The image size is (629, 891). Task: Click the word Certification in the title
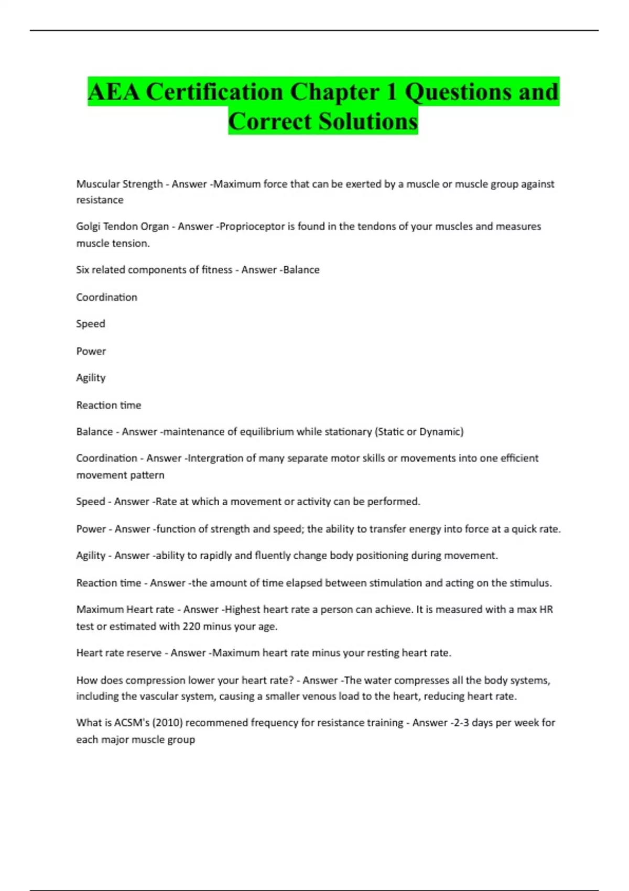[214, 92]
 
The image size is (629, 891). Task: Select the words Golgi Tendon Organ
[122, 226]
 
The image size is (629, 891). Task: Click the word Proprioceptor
[252, 226]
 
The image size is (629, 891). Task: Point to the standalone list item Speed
[91, 324]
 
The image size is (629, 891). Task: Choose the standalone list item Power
[91, 351]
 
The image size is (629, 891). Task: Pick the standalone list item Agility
[91, 378]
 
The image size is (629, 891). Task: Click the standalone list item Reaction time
[109, 405]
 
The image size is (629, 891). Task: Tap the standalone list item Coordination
[106, 297]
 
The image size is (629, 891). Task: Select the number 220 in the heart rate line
[191, 626]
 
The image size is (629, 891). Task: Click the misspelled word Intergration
[215, 458]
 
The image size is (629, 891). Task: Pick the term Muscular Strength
[120, 184]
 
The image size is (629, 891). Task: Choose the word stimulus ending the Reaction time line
[530, 583]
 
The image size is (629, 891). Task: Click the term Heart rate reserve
[119, 653]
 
